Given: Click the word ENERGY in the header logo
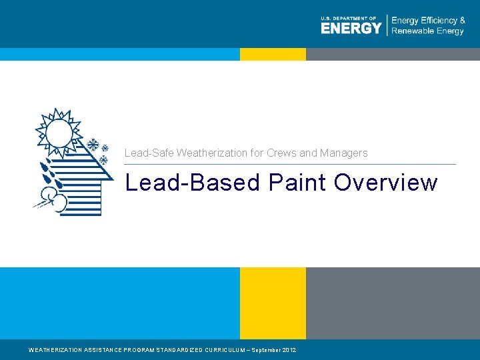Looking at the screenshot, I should (351, 28).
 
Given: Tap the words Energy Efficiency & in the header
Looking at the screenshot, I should (428, 21).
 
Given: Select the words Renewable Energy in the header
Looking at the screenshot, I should (427, 31).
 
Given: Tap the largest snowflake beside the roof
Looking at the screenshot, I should (94, 145).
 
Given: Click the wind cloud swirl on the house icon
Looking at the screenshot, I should (53, 197).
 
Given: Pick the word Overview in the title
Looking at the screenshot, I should (386, 183).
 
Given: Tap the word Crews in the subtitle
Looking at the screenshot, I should (281, 153).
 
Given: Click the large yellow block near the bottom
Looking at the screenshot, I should (273, 303).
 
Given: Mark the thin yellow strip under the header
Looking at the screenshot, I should (273, 54).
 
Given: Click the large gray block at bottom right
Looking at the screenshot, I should (393, 303).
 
